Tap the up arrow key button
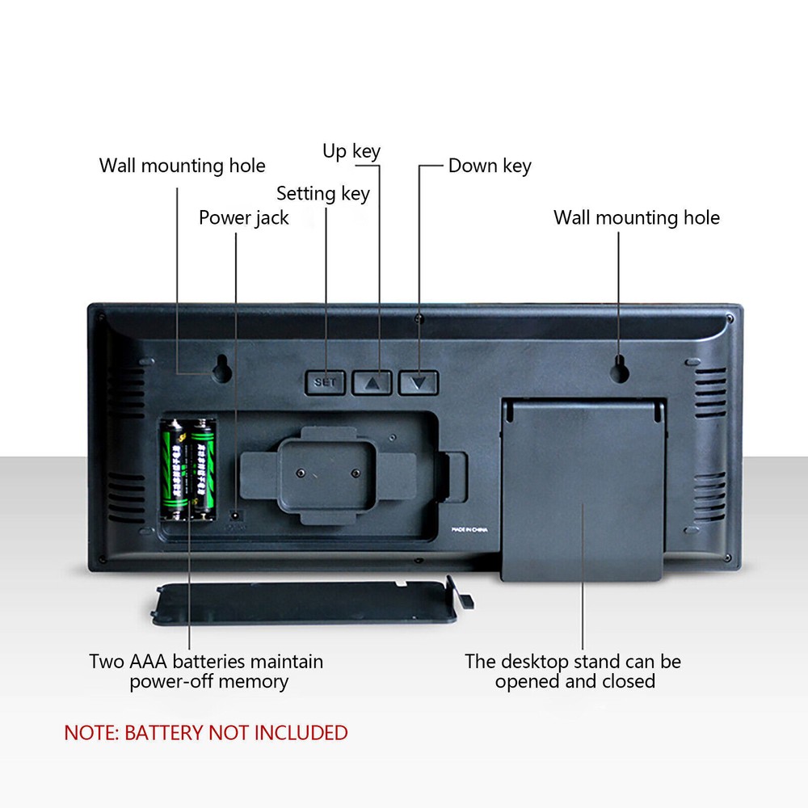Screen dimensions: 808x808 372,382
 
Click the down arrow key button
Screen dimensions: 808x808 418,382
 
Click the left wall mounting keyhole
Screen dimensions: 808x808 220,368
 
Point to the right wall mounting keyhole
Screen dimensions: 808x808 619,368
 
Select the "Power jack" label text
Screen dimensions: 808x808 243,218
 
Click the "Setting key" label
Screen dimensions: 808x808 322,194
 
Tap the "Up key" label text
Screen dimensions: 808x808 351,151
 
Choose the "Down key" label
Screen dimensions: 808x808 490,166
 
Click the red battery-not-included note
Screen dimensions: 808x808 206,733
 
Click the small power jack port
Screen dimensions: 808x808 235,513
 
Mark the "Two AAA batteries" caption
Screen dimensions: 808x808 206,671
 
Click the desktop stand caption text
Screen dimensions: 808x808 573,671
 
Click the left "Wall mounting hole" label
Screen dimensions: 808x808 182,166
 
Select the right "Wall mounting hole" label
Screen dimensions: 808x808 636,218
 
